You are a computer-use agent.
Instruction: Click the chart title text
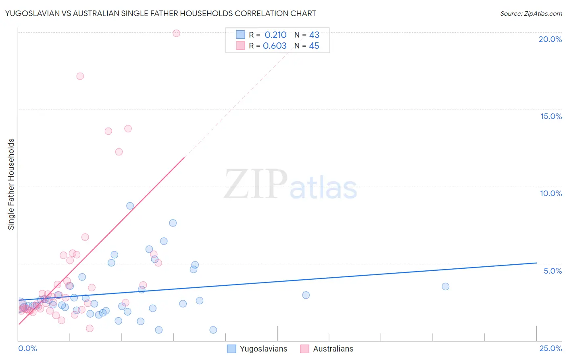tap(161, 13)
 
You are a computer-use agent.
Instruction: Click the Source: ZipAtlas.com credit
tap(531, 13)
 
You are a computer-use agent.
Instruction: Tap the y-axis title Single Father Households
tap(11, 184)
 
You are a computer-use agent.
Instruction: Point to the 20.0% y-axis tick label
tap(550, 39)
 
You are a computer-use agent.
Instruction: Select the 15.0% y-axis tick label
tap(551, 116)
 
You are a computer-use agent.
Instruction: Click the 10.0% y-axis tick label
tap(551, 193)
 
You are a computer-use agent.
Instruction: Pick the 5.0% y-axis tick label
tap(552, 271)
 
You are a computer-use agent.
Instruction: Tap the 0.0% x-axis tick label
tap(27, 348)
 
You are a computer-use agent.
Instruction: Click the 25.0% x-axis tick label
tap(550, 348)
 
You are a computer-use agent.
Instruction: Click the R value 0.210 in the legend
tap(275, 35)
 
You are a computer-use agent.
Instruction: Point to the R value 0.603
tap(275, 46)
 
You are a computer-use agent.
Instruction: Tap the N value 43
tap(314, 35)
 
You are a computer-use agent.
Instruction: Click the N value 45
tap(314, 46)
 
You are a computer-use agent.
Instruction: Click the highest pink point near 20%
tap(176, 33)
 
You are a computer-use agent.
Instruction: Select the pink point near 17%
tap(80, 76)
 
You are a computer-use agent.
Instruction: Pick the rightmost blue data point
tap(445, 287)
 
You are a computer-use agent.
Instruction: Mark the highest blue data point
tap(130, 206)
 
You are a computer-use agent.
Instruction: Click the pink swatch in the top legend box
tap(240, 46)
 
